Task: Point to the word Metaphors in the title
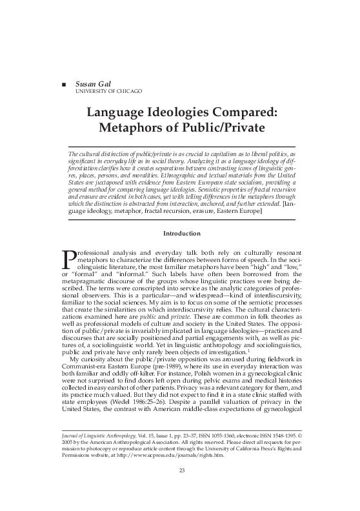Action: click(x=128, y=127)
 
